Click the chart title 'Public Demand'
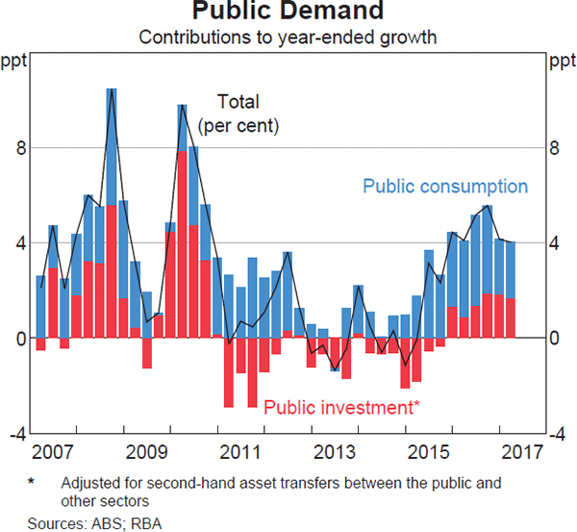pos(288,13)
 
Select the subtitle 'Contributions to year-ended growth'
pos(288,38)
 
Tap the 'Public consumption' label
pos(445,187)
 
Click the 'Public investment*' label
pos(341,408)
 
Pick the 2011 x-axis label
pos(238,451)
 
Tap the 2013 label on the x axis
pos(333,451)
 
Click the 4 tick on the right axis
pos(555,243)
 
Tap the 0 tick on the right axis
pos(555,339)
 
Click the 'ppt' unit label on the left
pos(16,64)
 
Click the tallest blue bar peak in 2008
pos(112,89)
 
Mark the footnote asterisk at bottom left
pos(31,482)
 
